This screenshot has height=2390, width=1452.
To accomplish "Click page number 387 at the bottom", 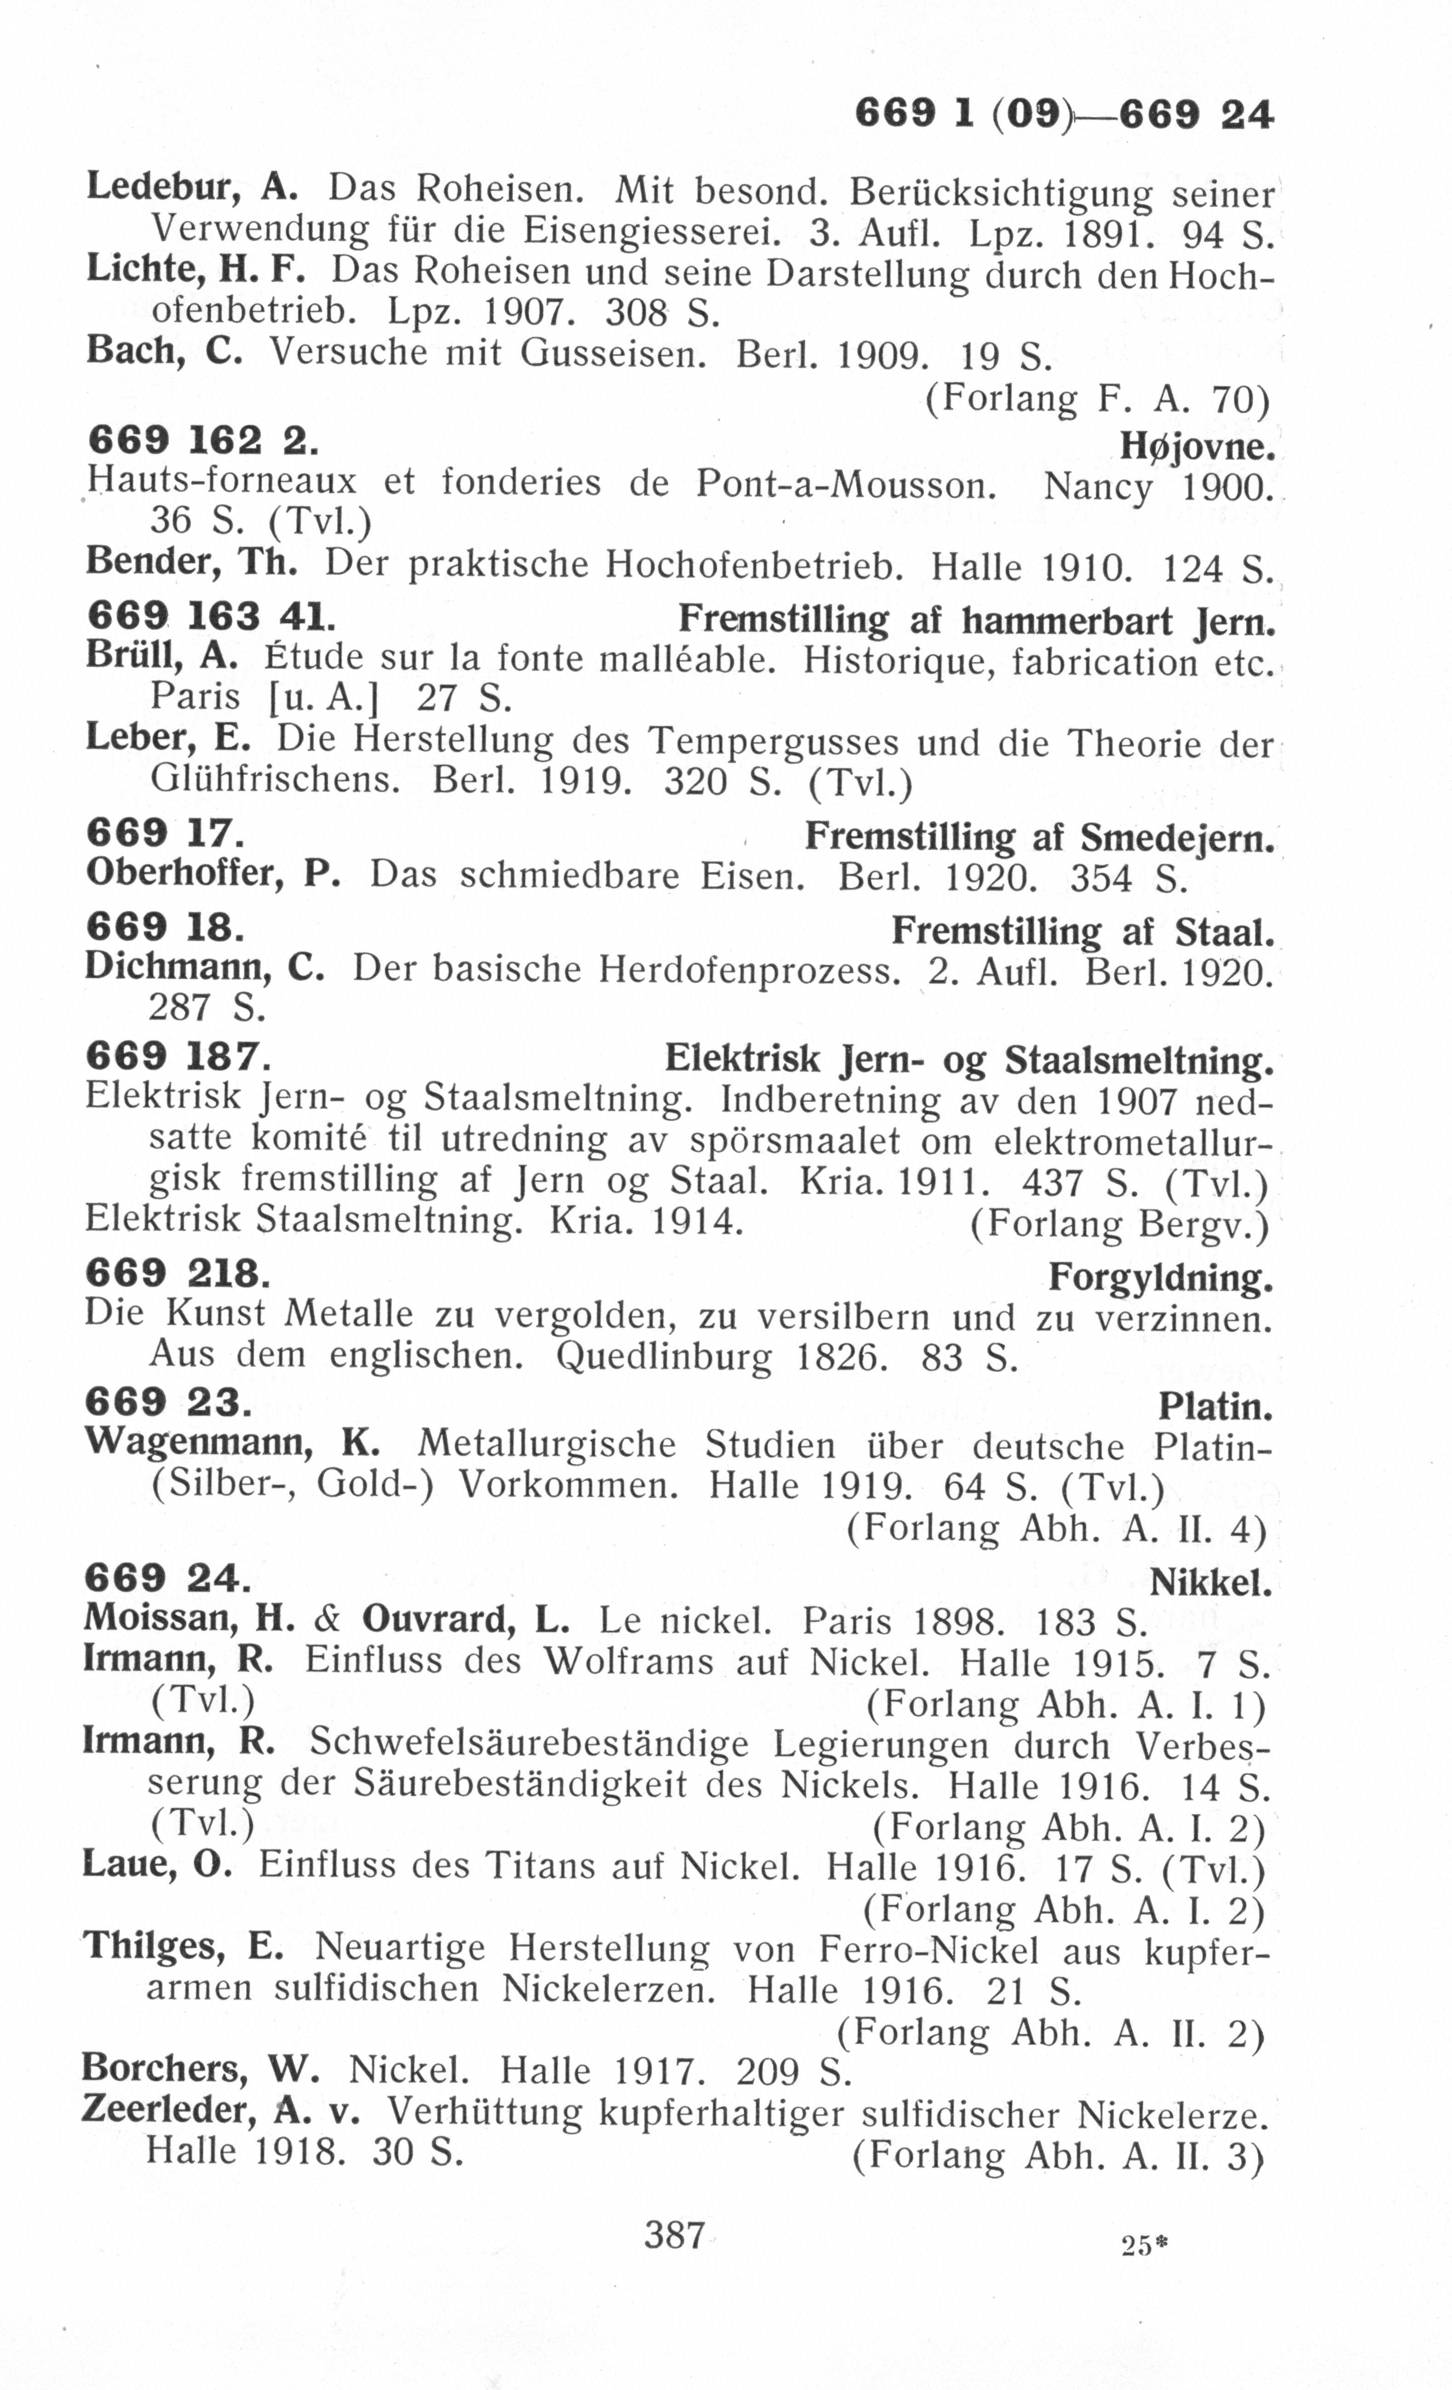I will (x=674, y=2235).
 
